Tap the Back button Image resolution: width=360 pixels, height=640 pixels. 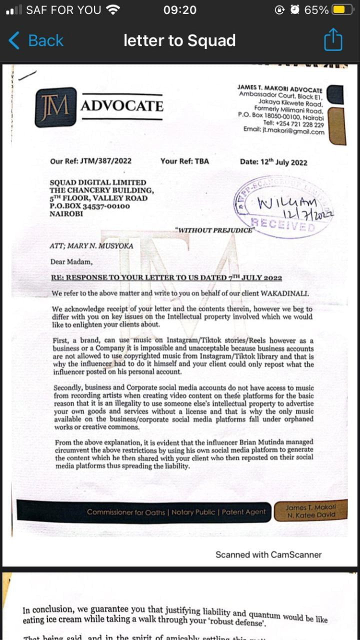36,40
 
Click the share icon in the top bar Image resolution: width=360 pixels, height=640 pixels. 333,40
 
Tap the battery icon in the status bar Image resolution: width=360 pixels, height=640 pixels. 342,10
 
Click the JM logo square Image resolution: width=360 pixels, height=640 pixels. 55,107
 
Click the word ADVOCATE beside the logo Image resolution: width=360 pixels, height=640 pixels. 122,106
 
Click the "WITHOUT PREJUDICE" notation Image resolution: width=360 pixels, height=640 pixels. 215,230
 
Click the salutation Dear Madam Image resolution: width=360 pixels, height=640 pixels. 71,261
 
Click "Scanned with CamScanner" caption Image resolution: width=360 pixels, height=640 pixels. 268,554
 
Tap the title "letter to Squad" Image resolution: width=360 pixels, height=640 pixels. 179,40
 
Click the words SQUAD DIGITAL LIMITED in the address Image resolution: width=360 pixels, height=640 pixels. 98,182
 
